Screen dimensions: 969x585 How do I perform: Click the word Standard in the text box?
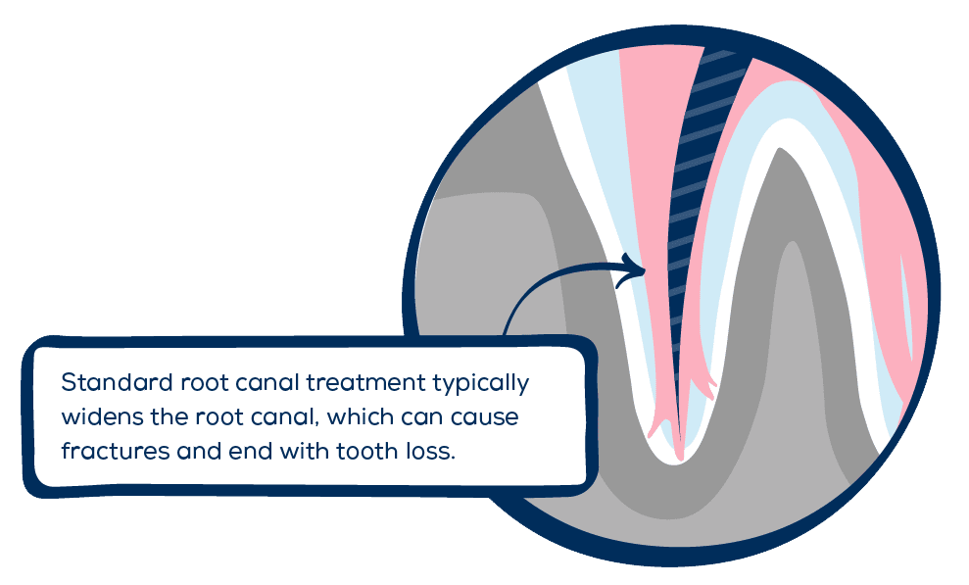[x=117, y=382]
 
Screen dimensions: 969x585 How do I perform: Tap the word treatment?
[x=365, y=382]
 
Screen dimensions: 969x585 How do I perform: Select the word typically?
[x=481, y=384]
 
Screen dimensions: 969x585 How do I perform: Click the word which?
[x=361, y=417]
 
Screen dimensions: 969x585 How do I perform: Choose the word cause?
[x=484, y=418]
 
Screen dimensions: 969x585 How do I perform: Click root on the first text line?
[x=205, y=383]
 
